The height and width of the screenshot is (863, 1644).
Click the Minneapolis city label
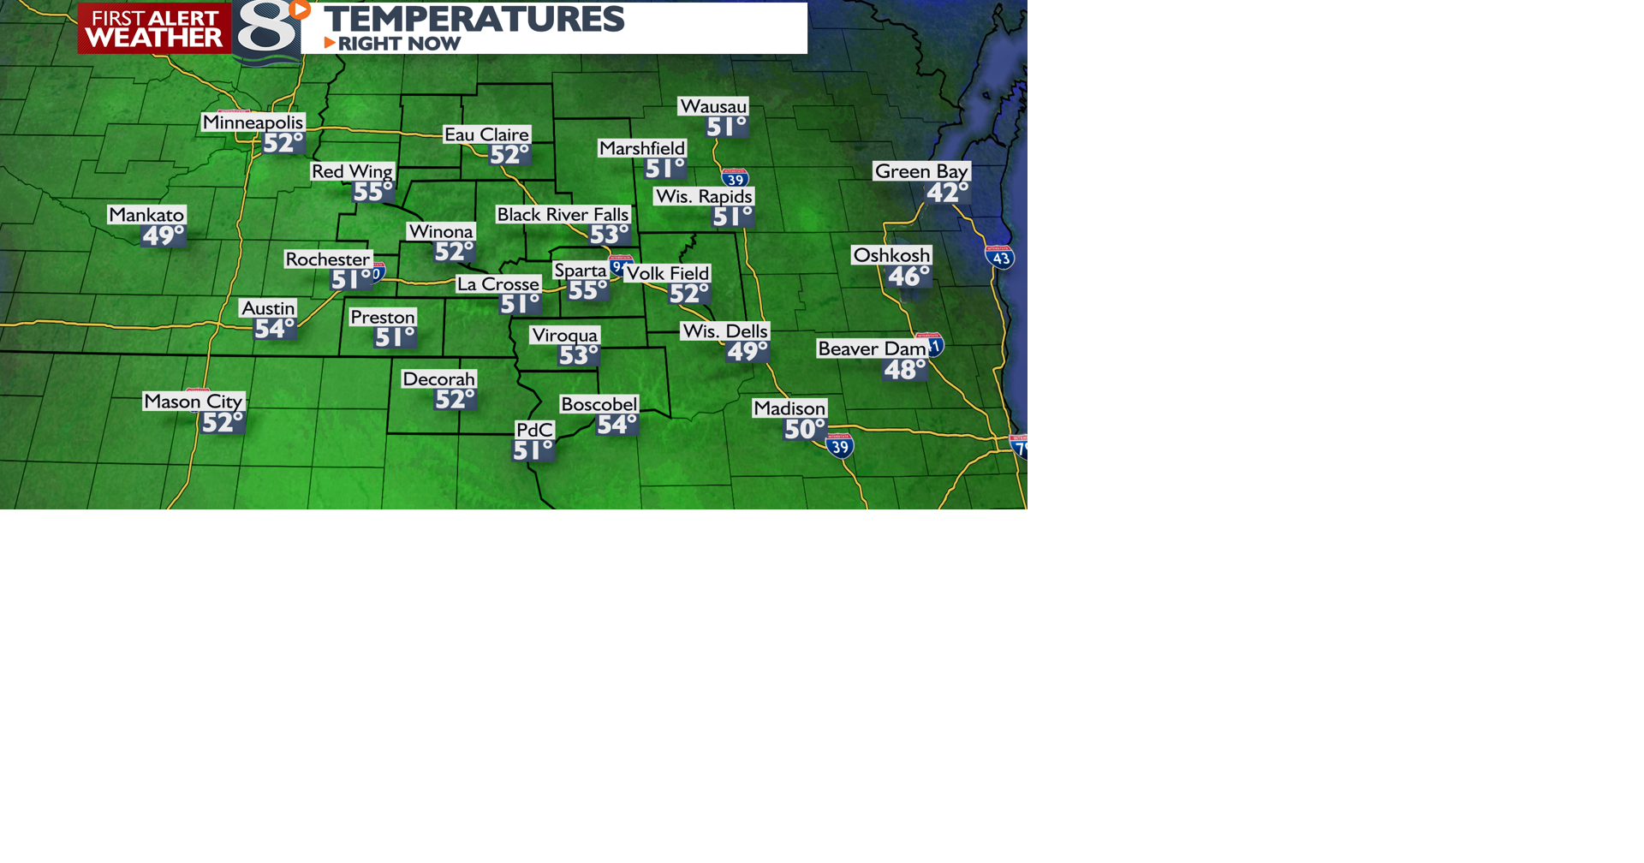(253, 122)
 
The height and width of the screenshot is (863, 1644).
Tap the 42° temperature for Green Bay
(947, 193)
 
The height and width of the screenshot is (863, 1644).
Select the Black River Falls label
(563, 215)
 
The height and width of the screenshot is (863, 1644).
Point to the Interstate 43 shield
(1000, 257)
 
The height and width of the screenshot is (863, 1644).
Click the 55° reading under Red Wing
(372, 192)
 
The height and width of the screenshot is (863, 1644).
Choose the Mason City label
(194, 402)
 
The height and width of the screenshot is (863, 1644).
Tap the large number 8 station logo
(267, 31)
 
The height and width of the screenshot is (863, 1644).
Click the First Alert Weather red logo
(154, 28)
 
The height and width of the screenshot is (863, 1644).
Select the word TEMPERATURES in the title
(474, 19)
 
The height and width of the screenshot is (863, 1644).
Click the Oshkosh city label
(891, 255)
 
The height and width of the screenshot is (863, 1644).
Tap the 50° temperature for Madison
(804, 429)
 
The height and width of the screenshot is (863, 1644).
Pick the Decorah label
(438, 379)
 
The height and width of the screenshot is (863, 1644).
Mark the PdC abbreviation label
(534, 430)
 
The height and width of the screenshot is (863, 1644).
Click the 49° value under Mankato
(162, 235)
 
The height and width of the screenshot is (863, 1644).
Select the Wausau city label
(713, 106)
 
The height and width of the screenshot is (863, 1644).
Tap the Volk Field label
(667, 273)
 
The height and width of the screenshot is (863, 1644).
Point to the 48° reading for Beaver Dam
(904, 370)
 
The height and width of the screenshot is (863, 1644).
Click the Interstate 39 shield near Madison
(840, 446)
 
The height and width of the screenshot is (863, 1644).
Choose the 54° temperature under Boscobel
(616, 425)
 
